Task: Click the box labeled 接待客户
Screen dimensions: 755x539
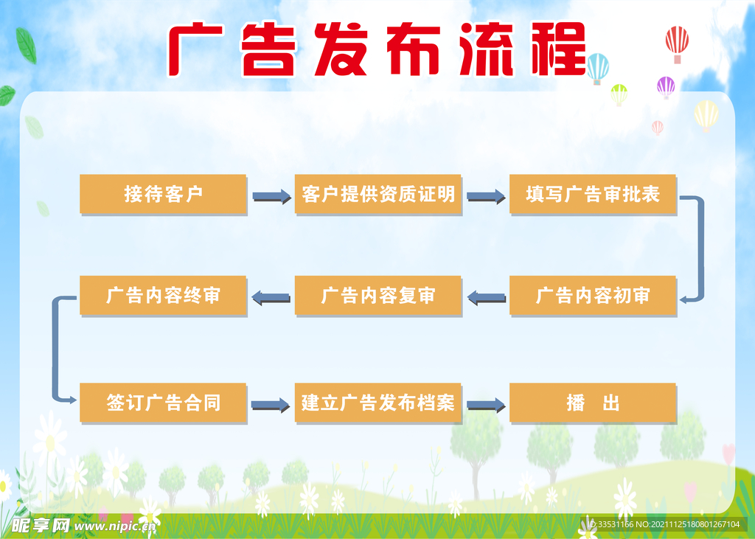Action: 163,194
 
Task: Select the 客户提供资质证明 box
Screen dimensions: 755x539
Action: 378,194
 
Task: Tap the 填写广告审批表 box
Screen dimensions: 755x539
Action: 593,194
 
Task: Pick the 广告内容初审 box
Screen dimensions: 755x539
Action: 593,296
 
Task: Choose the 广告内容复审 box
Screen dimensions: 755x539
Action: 378,296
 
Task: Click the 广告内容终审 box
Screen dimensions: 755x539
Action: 163,296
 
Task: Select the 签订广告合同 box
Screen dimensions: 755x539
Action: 163,403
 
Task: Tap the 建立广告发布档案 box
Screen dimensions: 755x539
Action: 378,403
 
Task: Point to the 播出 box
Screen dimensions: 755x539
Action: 593,403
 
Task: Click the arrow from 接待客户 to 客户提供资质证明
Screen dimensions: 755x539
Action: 272,197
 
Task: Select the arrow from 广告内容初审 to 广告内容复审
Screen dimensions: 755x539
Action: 487,298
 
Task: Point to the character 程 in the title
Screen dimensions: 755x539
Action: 559,49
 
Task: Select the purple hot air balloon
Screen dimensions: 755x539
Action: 666,88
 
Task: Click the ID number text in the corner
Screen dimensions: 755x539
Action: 664,524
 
